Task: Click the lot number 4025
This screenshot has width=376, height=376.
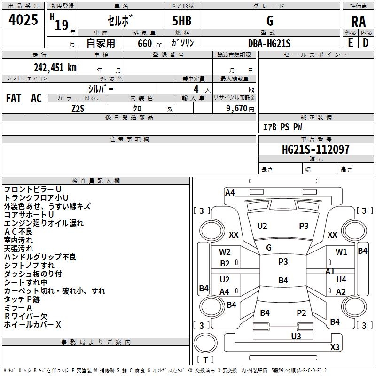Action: point(23,21)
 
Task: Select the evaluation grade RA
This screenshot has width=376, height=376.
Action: point(358,21)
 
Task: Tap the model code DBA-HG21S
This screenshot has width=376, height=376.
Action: point(269,43)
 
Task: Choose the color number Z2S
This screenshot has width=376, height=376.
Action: point(78,108)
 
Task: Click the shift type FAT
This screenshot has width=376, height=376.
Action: point(14,98)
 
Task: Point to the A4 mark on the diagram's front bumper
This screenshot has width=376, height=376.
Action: point(230,192)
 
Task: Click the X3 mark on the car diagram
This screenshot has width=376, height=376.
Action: point(335,347)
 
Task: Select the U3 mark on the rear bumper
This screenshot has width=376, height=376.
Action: point(296,336)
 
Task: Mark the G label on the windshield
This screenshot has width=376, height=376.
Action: point(269,247)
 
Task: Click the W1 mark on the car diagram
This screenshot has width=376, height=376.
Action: point(341,252)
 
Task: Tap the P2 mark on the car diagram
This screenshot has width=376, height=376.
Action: point(301,313)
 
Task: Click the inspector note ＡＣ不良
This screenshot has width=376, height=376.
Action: point(18,231)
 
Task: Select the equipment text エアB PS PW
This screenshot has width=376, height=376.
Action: point(282,127)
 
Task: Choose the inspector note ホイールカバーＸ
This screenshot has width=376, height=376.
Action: point(32,324)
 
